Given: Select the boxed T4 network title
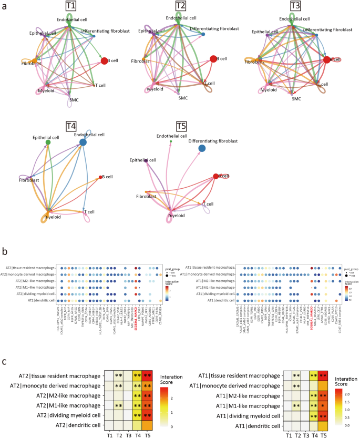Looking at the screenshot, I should [x=71, y=126].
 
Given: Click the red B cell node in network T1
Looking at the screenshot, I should [x=104, y=62].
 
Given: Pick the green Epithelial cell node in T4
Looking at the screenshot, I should [x=48, y=142].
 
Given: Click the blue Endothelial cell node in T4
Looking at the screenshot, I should [x=84, y=142].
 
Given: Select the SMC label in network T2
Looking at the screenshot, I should [x=182, y=98].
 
